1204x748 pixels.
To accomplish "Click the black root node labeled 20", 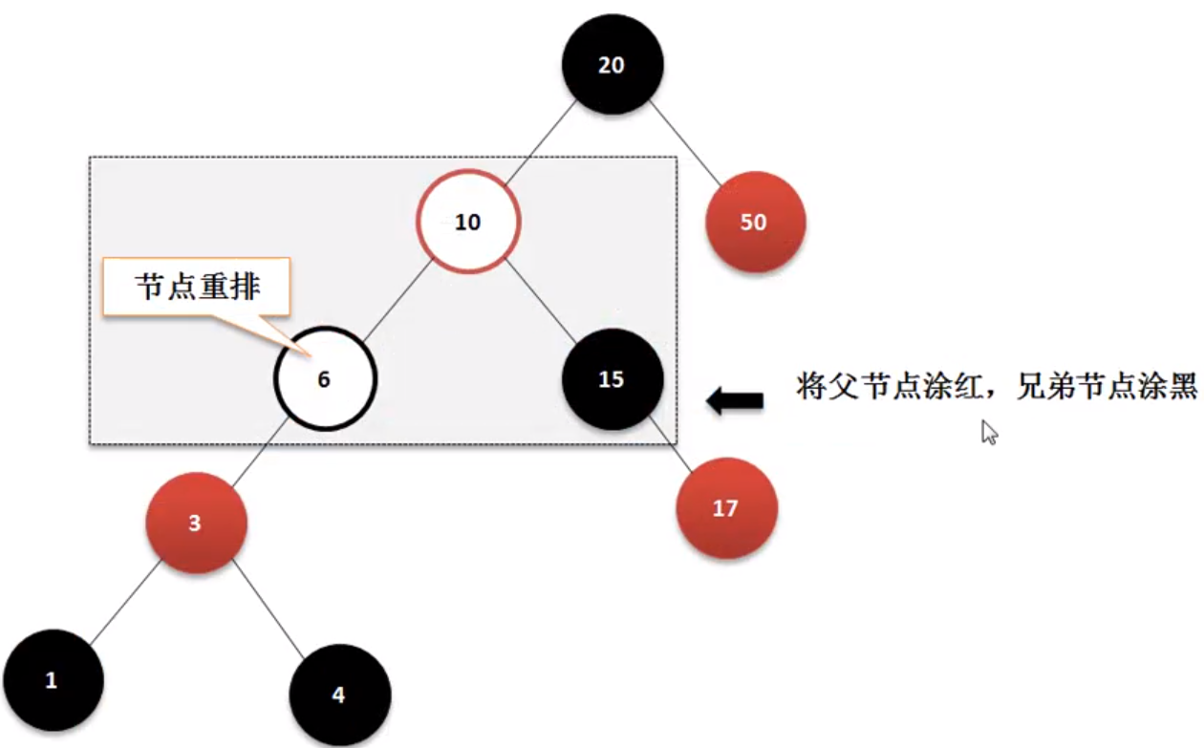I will point(612,65).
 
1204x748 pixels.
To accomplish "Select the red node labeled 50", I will point(755,222).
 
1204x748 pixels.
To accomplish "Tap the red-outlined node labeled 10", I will point(467,222).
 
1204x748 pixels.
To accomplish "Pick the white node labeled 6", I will point(325,379).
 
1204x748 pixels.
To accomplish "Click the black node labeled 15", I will point(612,379).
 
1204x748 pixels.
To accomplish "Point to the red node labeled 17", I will point(726,508).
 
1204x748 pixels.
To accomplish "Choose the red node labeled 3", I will point(196,523).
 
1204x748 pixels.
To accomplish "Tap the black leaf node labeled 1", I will point(53,680).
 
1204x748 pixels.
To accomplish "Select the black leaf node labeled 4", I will point(339,694).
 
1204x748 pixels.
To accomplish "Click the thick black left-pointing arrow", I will point(735,401).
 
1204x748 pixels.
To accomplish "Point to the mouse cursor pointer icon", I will point(989,432).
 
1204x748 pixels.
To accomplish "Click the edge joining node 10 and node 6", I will point(394,302).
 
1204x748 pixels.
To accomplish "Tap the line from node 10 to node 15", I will point(541,301).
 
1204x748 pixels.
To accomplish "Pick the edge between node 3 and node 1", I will point(123,602).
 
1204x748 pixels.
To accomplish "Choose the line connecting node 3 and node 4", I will point(269,609).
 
